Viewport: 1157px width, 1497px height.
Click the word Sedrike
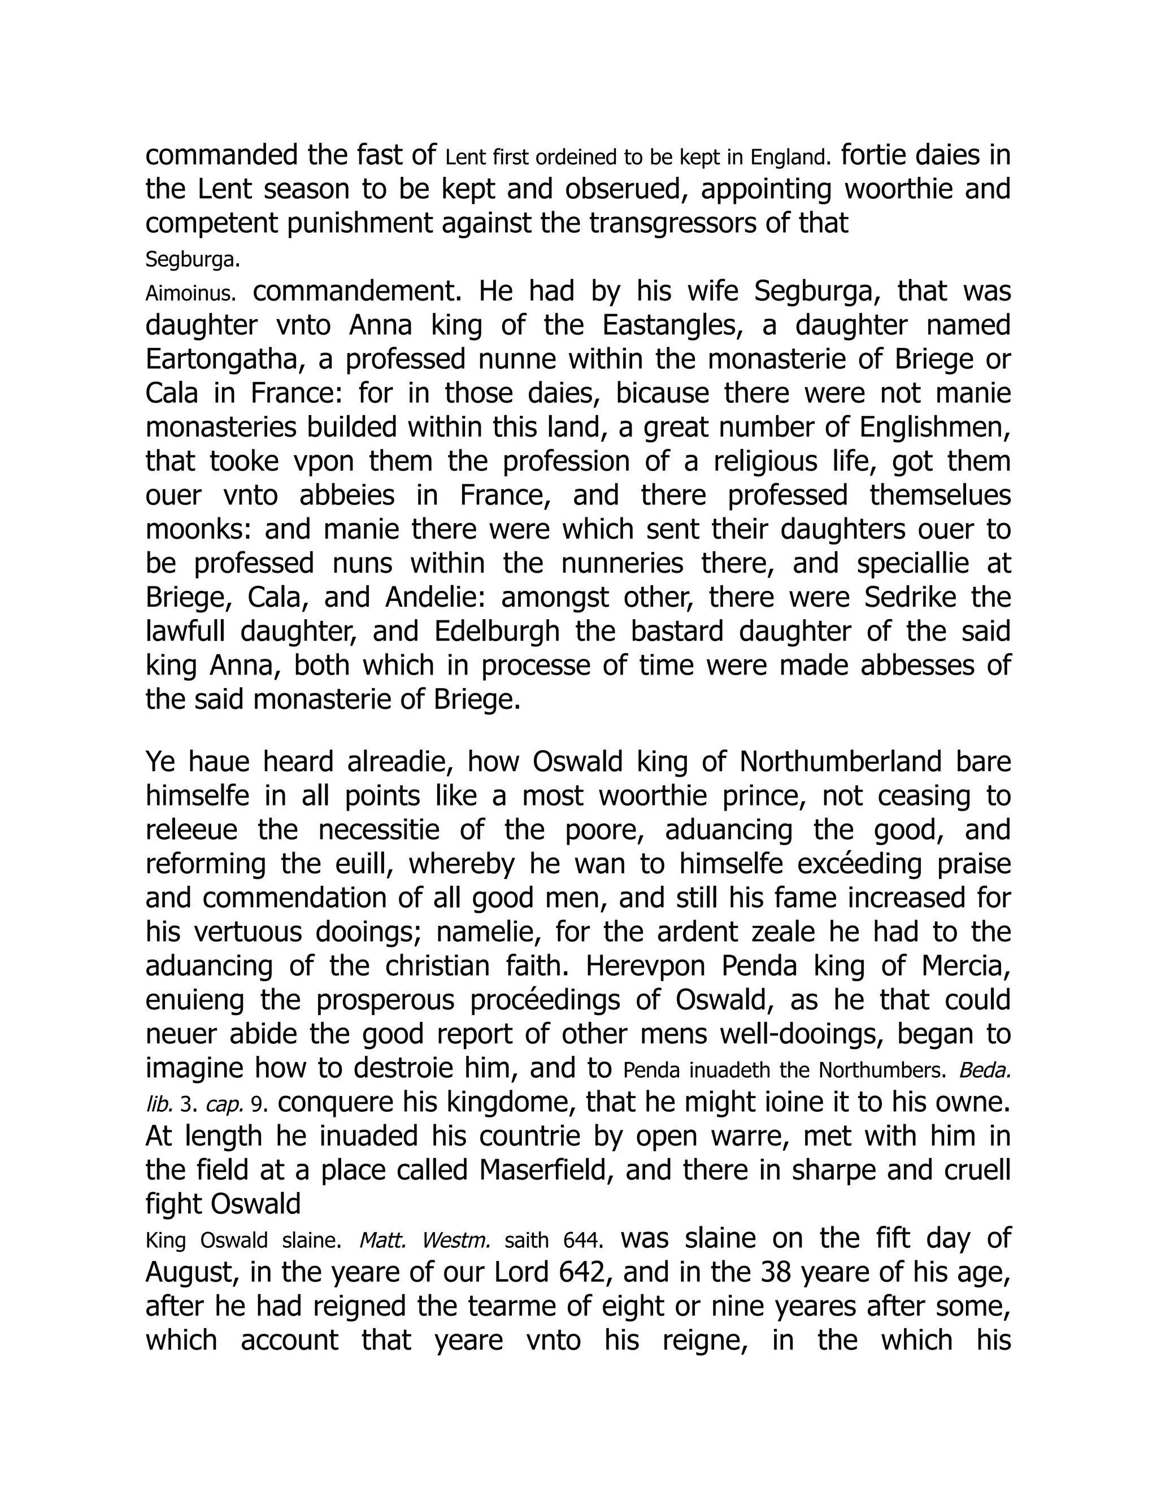click(x=910, y=598)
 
